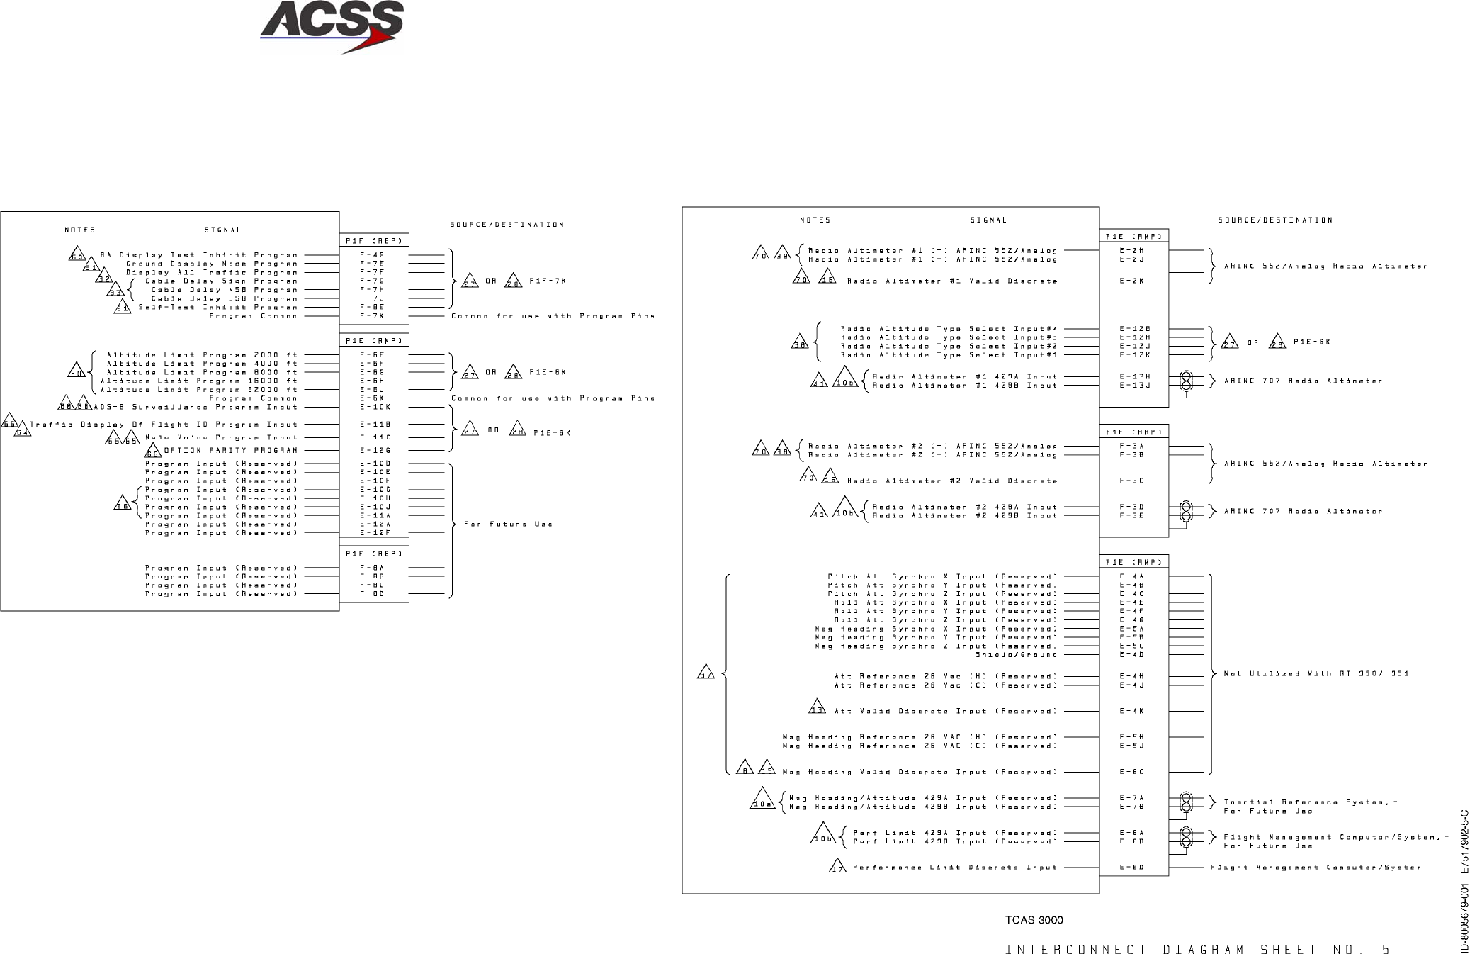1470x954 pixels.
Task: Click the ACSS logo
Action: (x=331, y=26)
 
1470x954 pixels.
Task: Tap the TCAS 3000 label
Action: (x=1034, y=920)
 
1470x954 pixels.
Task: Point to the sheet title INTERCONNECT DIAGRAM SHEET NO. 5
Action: (x=1197, y=950)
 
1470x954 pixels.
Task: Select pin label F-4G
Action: (x=372, y=255)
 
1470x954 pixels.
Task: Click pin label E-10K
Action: (x=375, y=407)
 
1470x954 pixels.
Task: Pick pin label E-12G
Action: (x=375, y=450)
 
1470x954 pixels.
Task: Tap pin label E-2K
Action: (x=1132, y=281)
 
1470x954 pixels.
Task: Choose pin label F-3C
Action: (x=1132, y=481)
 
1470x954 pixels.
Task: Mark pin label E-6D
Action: (x=1132, y=867)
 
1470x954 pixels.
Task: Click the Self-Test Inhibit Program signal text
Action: (x=217, y=307)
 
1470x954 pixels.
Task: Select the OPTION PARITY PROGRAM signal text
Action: (x=231, y=450)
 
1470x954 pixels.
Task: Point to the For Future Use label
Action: (x=508, y=524)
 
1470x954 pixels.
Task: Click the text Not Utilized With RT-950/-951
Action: (x=1316, y=673)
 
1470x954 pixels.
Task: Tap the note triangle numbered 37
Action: (x=706, y=673)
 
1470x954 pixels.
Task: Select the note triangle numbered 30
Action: (x=77, y=371)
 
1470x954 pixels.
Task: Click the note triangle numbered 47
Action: (x=837, y=867)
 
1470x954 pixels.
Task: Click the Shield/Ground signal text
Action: (x=1016, y=654)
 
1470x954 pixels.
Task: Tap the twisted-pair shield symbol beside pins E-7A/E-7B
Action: (x=1185, y=802)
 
